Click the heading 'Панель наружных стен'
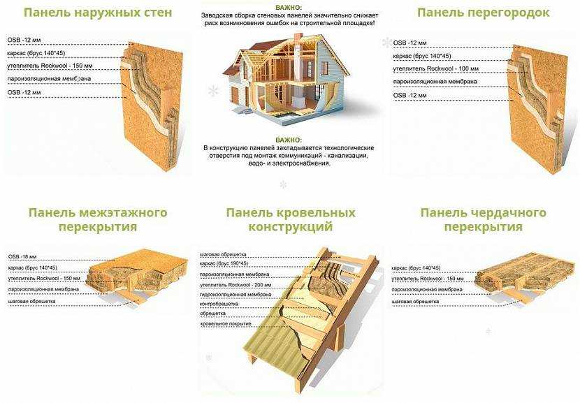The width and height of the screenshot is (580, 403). [x=98, y=12]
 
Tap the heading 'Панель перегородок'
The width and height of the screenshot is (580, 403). [x=483, y=12]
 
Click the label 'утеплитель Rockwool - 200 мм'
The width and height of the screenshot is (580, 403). [x=235, y=285]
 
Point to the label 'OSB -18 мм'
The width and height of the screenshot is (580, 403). [x=22, y=256]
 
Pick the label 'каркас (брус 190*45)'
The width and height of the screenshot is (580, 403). [x=224, y=263]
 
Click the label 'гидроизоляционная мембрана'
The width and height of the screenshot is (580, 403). [x=235, y=295]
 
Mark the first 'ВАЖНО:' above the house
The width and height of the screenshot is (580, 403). [x=289, y=8]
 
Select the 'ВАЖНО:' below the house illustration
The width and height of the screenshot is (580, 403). [x=289, y=140]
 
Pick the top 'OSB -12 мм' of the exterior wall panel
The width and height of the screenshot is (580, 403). [x=24, y=40]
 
